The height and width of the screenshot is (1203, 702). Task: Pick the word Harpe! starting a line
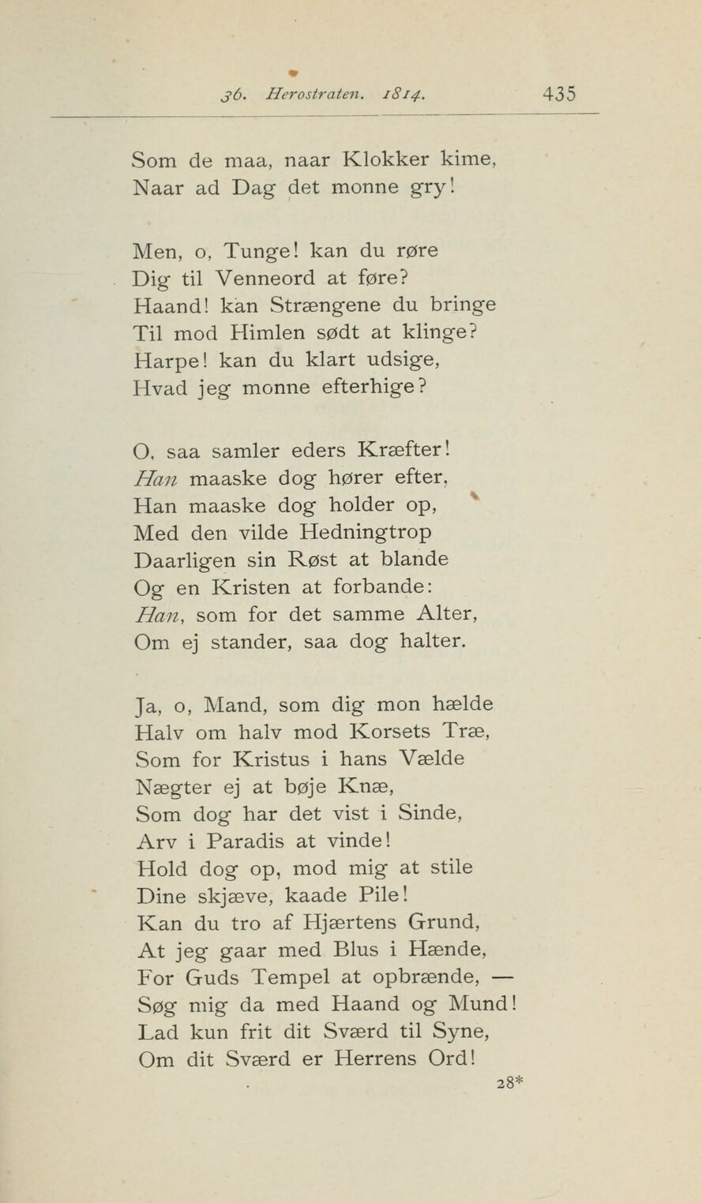[170, 360]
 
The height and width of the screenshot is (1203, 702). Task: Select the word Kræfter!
[404, 452]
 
